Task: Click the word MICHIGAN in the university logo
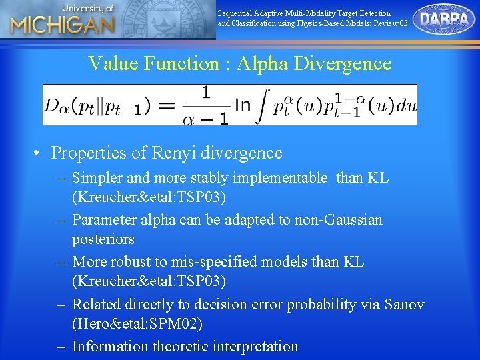pos(63,26)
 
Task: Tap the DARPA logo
pos(443,19)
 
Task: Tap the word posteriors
pos(103,239)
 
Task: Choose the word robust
pos(135,262)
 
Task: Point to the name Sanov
pos(403,304)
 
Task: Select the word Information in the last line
pos(111,346)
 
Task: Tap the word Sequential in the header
pos(235,13)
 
